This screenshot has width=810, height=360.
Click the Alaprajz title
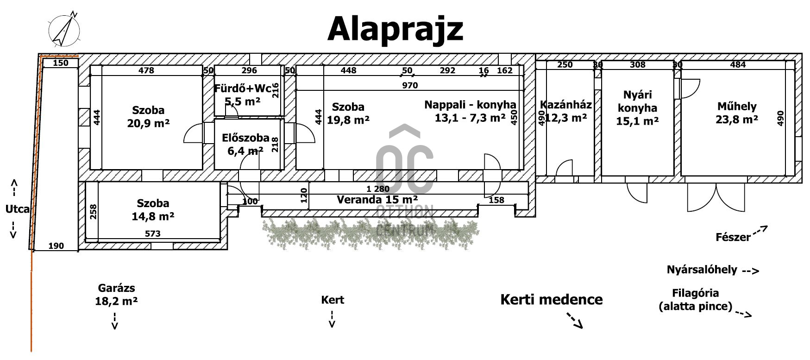tap(395, 29)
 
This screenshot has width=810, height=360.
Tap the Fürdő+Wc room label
tap(242, 88)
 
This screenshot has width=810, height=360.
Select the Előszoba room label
tap(245, 138)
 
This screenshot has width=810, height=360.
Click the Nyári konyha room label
tap(637, 101)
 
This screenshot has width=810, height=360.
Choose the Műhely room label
tap(736, 107)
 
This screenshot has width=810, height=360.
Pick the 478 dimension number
tap(146, 70)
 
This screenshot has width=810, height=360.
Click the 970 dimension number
tap(410, 85)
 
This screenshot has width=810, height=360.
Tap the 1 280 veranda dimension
tap(378, 189)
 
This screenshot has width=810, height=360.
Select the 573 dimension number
tap(152, 234)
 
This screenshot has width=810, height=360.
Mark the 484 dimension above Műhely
tap(738, 64)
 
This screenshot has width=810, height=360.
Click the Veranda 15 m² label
tap(377, 200)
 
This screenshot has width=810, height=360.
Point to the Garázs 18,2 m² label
tap(116, 295)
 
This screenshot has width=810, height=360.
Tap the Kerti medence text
tap(551, 299)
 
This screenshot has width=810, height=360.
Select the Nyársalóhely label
tap(702, 270)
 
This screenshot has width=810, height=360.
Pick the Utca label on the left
tap(17, 209)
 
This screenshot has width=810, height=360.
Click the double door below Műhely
tap(716, 196)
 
